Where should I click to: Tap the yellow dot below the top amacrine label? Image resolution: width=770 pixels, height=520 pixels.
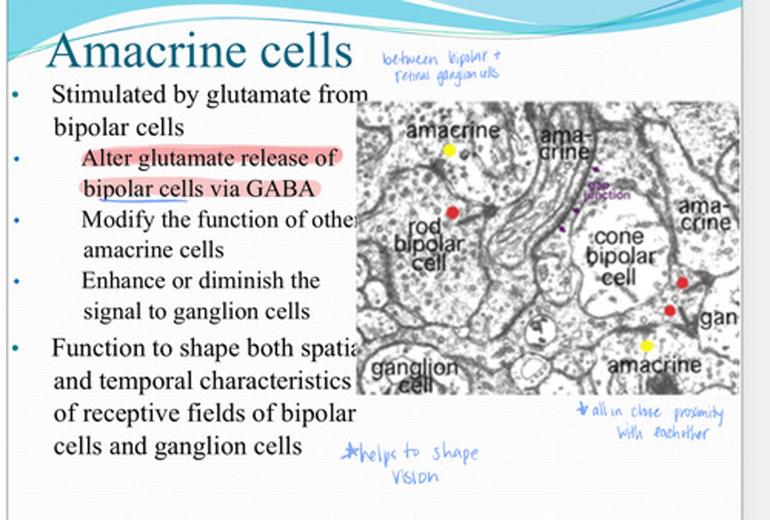click(449, 151)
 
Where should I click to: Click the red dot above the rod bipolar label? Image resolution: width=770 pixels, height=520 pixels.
click(452, 213)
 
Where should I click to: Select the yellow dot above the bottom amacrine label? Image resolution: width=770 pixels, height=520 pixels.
click(646, 346)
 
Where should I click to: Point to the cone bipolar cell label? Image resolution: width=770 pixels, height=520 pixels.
click(619, 257)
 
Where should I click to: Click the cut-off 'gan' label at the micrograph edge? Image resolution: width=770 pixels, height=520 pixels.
click(718, 319)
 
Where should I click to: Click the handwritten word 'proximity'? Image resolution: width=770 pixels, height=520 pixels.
click(698, 413)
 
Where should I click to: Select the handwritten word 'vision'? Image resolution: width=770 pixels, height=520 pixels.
click(415, 477)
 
